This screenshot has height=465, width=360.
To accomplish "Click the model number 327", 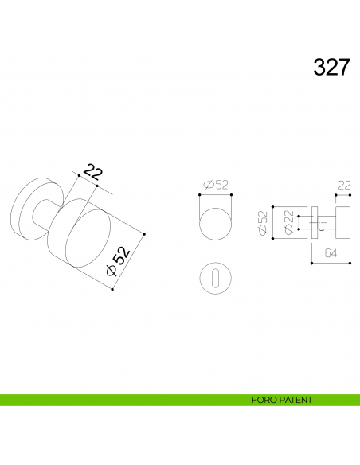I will (x=331, y=67).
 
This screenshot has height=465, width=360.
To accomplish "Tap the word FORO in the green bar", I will (x=263, y=400).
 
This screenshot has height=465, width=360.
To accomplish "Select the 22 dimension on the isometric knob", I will (x=94, y=172).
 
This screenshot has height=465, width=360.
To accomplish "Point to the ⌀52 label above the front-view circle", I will (x=216, y=185).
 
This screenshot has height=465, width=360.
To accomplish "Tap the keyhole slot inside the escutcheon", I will (x=214, y=278).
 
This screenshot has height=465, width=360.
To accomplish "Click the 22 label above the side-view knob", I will (x=344, y=185).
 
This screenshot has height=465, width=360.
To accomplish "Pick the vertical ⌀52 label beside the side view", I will (x=263, y=223).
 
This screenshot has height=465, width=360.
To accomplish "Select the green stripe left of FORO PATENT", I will (x=119, y=400).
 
